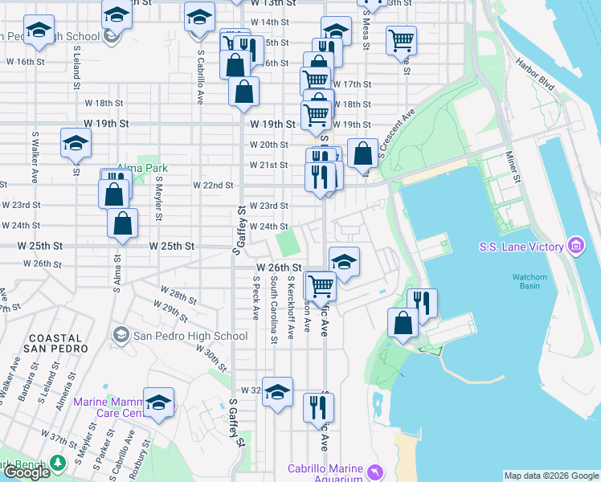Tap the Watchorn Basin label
[529, 284]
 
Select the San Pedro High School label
[190, 336]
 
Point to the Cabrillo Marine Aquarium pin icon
[374, 471]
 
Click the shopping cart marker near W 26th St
[321, 284]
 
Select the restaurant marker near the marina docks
[422, 303]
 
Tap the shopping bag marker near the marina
[403, 322]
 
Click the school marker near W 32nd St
[278, 392]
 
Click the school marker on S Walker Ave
[76, 144]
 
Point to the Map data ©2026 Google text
[552, 476]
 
